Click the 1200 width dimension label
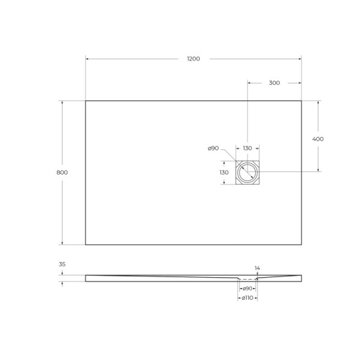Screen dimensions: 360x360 193,59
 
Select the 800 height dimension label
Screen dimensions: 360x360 62,172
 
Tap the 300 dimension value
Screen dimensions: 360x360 274,83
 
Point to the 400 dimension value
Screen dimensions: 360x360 318,139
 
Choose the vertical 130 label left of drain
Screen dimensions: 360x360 224,172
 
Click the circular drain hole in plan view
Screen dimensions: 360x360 247,173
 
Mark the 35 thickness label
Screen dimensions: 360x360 62,263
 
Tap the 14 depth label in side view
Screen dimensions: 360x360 257,268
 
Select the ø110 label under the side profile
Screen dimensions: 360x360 247,298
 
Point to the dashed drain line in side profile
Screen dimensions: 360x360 247,279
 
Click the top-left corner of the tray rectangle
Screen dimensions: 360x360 86,100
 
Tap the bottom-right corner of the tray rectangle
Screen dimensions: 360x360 301,245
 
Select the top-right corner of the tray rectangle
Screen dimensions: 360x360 301,100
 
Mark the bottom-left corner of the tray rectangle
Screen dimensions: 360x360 86,245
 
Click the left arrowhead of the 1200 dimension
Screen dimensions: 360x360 87,59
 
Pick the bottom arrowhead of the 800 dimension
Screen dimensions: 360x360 62,243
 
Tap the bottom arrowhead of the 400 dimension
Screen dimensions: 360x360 318,171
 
